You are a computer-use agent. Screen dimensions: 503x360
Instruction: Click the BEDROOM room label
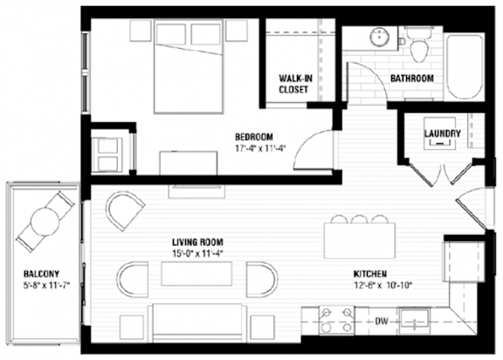[254, 137]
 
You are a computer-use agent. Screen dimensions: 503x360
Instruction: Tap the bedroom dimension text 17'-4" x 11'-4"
[260, 149]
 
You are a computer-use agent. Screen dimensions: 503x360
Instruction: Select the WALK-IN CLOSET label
[295, 84]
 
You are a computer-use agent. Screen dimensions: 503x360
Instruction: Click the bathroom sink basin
[380, 37]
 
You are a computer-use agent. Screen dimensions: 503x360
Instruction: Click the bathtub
[465, 66]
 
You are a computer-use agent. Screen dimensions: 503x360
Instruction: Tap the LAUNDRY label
[443, 134]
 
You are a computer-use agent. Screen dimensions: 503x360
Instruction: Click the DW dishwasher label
[382, 321]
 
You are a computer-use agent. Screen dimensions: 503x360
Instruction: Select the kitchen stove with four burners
[336, 320]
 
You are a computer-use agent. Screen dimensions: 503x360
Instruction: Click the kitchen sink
[414, 321]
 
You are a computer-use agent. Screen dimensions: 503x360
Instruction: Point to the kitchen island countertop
[360, 240]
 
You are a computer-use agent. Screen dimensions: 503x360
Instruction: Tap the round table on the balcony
[45, 221]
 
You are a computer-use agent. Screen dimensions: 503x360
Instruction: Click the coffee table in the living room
[196, 273]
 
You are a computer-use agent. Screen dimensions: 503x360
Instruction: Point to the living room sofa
[197, 322]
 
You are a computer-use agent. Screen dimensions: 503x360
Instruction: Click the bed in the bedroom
[189, 66]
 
